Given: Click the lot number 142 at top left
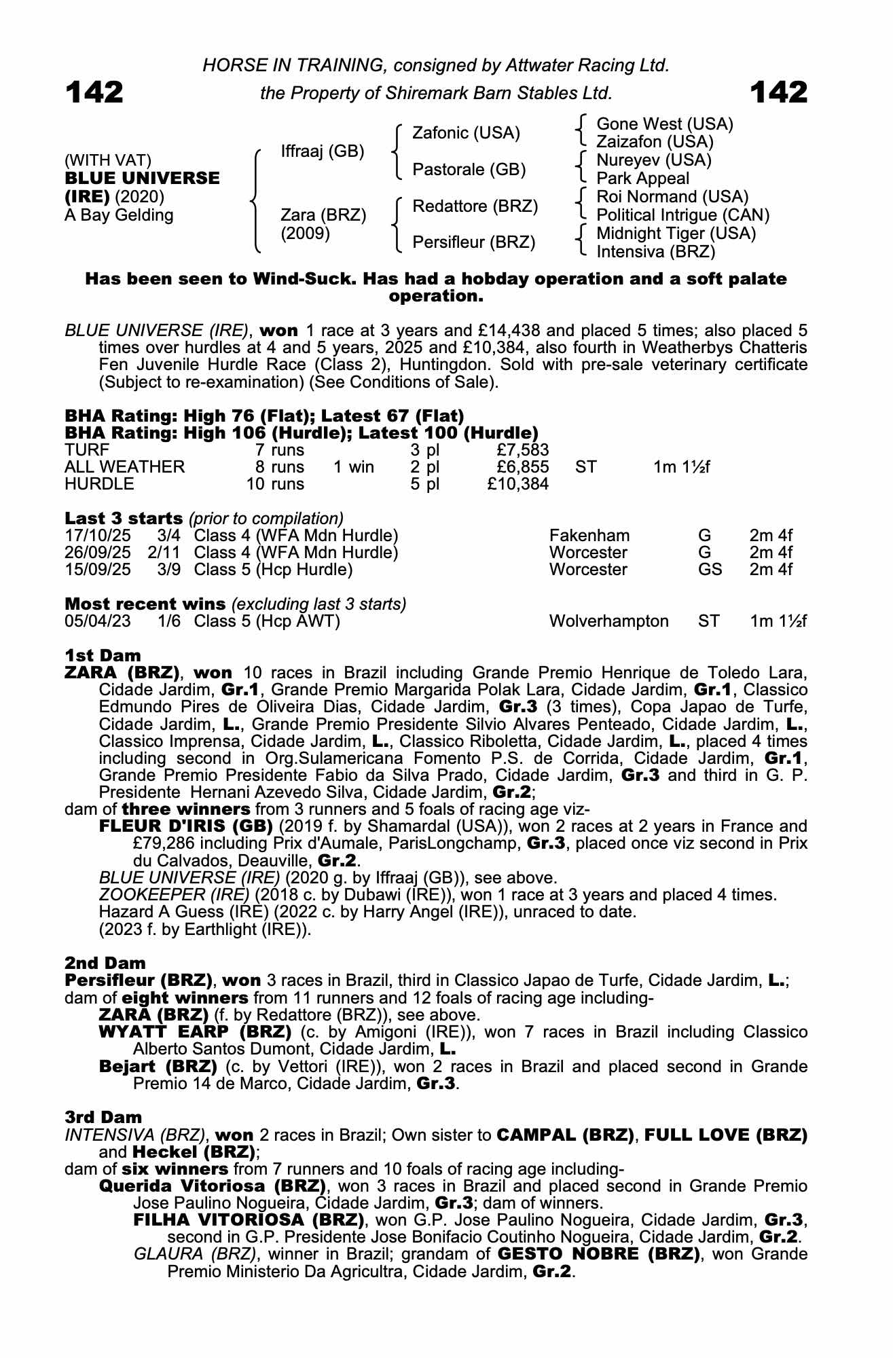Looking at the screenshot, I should click(x=94, y=92).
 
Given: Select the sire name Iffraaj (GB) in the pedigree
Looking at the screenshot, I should click(x=323, y=151).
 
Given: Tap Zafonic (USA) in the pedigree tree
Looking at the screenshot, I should click(x=466, y=133).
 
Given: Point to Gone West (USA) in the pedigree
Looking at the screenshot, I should click(x=664, y=124).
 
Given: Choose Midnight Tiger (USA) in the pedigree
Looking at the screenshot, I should click(x=675, y=234).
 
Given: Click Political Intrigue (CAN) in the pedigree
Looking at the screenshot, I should click(x=682, y=215).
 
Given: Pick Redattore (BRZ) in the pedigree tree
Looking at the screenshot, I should click(x=475, y=206).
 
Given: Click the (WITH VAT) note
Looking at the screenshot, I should click(x=107, y=160).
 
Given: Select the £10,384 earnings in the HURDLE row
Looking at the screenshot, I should click(x=518, y=484).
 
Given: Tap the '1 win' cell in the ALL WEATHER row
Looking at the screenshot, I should click(x=353, y=467).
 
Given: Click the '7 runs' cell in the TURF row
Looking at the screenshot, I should click(x=279, y=450).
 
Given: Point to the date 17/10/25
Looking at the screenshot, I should click(x=97, y=536).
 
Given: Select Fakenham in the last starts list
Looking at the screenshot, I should click(x=589, y=536).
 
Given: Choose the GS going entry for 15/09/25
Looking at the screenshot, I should click(x=710, y=569).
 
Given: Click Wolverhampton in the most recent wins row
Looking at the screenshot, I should click(x=608, y=621).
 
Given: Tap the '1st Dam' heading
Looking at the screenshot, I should click(x=103, y=656).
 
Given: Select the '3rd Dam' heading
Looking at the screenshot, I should click(x=103, y=1117).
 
